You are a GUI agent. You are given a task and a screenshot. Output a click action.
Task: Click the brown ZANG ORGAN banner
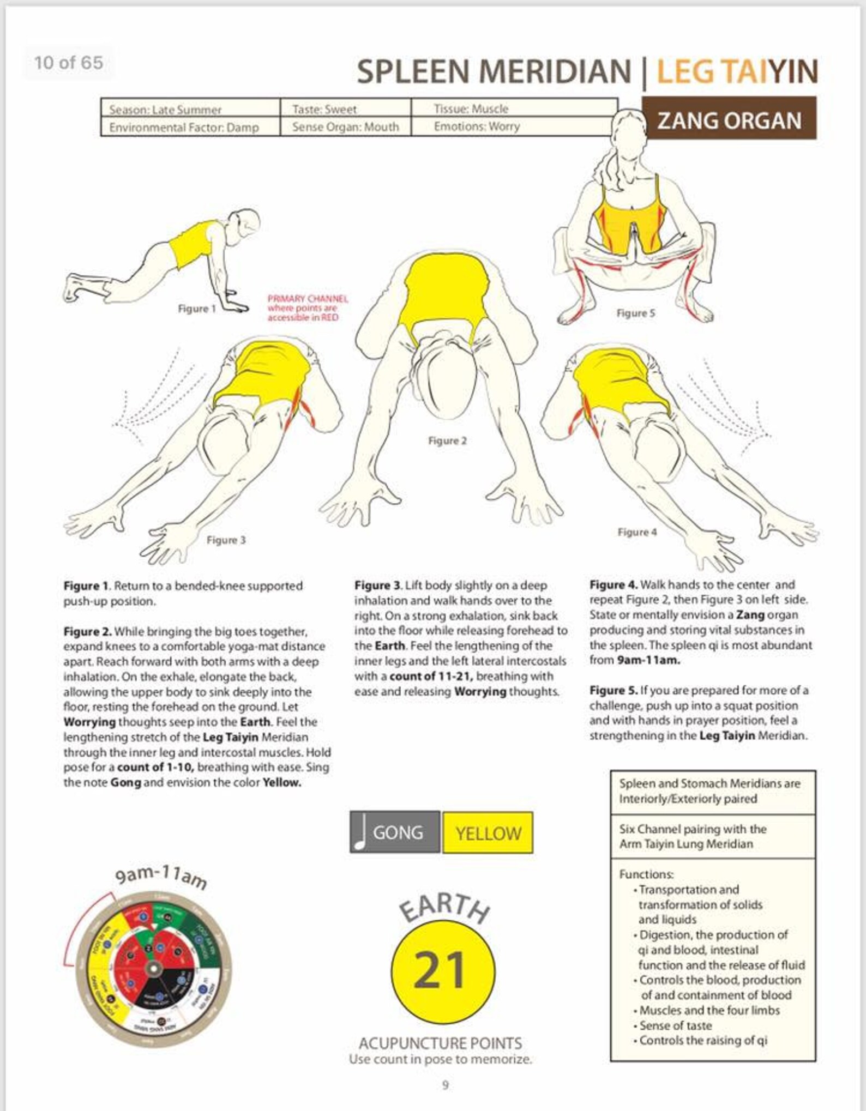[x=729, y=118]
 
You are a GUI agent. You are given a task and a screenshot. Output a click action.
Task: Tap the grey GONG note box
[x=395, y=832]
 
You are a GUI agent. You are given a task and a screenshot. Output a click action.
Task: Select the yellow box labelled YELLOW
[x=488, y=832]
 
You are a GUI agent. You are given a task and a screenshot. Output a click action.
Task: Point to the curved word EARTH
[x=444, y=907]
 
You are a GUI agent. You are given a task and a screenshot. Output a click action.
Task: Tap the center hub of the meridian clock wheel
[x=153, y=969]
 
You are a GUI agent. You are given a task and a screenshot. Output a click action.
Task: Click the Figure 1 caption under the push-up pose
[x=197, y=309]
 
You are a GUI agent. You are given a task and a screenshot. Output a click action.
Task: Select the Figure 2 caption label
[x=447, y=440]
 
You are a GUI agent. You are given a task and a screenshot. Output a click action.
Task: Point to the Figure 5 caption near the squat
[x=635, y=313]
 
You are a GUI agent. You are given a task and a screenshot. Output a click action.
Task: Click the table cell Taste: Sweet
[x=324, y=109]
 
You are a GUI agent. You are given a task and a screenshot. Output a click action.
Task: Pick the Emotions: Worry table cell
[x=477, y=126]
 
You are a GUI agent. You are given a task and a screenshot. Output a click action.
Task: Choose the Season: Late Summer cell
[x=165, y=110]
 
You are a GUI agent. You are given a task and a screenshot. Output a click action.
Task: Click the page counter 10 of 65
[x=69, y=63]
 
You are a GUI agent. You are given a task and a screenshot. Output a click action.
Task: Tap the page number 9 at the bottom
[x=445, y=1085]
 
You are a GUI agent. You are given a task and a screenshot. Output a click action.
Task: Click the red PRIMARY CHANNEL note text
[x=307, y=308]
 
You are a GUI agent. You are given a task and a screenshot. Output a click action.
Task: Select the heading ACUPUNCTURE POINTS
[x=440, y=1043]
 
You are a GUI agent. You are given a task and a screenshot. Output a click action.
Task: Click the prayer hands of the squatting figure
[x=635, y=245]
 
